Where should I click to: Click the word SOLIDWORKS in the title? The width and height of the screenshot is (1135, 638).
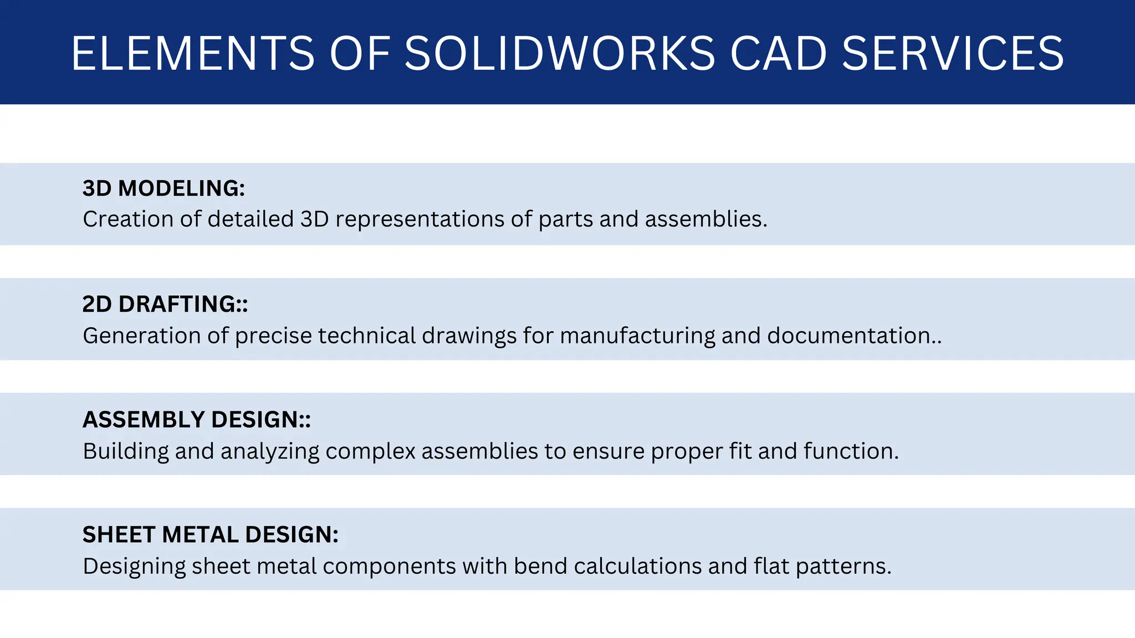pyautogui.click(x=560, y=54)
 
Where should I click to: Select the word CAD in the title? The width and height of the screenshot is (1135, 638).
pyautogui.click(x=778, y=54)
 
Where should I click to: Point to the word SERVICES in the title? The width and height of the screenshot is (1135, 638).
pyautogui.click(x=953, y=54)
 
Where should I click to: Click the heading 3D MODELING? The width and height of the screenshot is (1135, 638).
pyautogui.click(x=163, y=189)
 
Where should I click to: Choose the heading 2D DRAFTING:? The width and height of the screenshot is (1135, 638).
pyautogui.click(x=165, y=305)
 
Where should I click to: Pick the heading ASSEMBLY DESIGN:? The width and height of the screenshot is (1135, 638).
pyautogui.click(x=196, y=420)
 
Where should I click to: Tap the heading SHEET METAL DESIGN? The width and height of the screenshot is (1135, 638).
pyautogui.click(x=210, y=535)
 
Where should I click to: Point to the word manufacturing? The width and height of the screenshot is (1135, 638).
pyautogui.click(x=637, y=336)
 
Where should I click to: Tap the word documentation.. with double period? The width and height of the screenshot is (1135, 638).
pyautogui.click(x=854, y=336)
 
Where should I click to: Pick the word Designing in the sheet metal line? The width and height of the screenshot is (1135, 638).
pyautogui.click(x=134, y=567)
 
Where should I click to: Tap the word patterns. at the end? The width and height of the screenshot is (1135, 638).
pyautogui.click(x=843, y=567)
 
